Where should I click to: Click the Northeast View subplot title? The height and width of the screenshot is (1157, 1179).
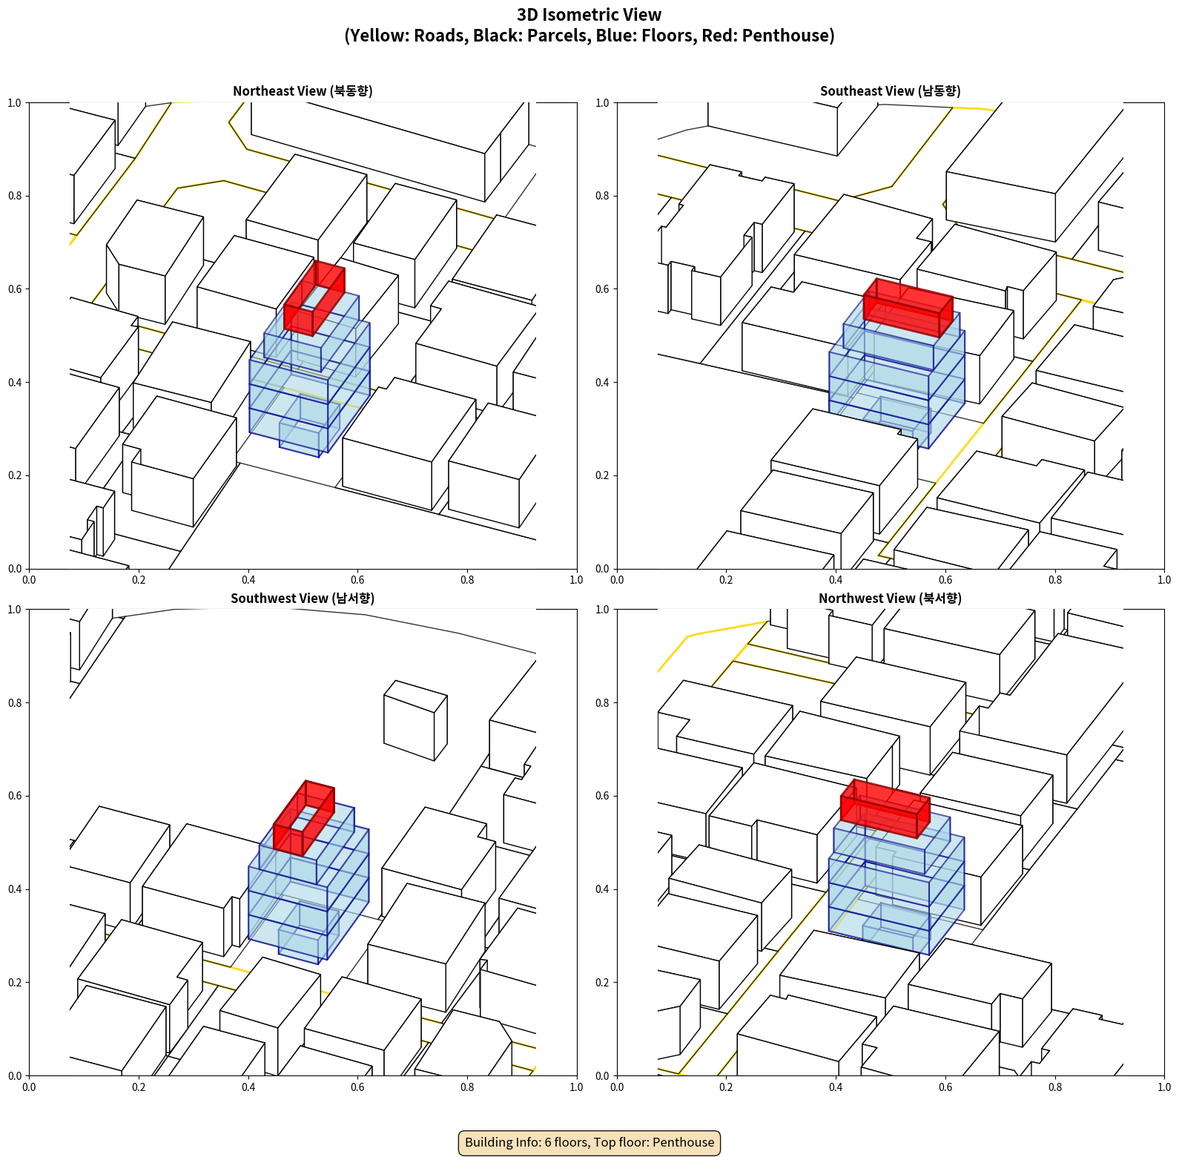[x=303, y=91]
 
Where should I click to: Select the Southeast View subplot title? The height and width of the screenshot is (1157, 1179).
[x=890, y=91]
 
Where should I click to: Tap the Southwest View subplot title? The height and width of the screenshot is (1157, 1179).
[x=303, y=599]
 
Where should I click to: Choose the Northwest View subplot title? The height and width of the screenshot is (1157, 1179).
[x=890, y=599]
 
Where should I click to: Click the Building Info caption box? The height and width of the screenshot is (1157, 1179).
[x=589, y=1142]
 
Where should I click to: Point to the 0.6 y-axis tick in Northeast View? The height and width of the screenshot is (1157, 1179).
[x=15, y=289]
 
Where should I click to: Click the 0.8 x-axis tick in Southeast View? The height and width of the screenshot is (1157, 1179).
[x=1055, y=580]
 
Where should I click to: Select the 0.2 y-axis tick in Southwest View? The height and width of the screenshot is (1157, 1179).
[x=15, y=983]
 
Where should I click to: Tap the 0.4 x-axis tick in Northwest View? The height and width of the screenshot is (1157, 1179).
[x=836, y=1087]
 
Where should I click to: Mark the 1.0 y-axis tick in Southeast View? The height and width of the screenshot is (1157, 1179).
[x=602, y=103]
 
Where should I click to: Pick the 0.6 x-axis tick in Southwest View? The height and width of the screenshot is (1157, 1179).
[x=357, y=1087]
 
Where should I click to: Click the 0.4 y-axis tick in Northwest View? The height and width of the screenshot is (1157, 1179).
[x=602, y=889]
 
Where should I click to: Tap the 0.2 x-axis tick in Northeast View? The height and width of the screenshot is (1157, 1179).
[x=139, y=580]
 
